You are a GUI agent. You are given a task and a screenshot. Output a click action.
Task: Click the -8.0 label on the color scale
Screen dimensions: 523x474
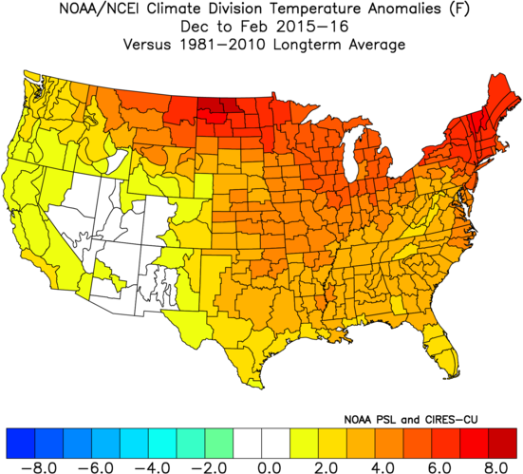click(39, 467)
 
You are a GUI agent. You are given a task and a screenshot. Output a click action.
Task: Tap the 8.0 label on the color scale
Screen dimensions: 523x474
click(496, 467)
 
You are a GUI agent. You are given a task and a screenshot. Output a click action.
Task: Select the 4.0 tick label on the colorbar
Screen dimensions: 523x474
click(383, 467)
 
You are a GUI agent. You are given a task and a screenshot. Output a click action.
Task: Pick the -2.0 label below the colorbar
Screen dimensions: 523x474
click(209, 467)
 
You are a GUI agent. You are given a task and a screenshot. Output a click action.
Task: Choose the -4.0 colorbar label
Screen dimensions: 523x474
click(153, 467)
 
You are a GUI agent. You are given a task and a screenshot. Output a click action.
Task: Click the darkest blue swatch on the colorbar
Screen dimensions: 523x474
click(20, 444)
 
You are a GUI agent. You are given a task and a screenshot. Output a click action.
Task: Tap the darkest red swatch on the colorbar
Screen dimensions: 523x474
click(502, 444)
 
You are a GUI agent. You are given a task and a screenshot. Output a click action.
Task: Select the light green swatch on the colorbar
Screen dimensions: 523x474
click(219, 444)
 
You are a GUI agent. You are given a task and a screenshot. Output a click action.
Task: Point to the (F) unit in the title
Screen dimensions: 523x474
click(459, 9)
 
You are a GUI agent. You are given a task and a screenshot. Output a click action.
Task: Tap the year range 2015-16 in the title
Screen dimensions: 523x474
click(312, 27)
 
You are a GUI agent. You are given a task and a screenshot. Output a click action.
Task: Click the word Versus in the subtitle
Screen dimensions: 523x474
click(147, 45)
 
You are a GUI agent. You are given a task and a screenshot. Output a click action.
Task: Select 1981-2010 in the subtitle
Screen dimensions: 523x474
click(222, 45)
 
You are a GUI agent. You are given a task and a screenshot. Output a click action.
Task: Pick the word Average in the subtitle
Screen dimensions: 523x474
click(377, 45)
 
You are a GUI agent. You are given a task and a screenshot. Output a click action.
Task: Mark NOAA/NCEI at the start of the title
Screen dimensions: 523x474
click(101, 9)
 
